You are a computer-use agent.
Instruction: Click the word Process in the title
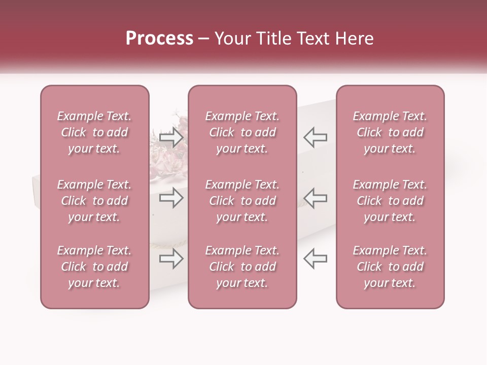coord(159,39)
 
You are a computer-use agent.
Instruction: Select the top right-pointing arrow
coord(171,137)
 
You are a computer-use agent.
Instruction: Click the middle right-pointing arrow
coord(171,198)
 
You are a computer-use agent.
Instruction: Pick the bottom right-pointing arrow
coord(171,259)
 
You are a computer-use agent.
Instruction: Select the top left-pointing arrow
coord(316,137)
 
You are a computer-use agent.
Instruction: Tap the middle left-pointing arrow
coord(316,198)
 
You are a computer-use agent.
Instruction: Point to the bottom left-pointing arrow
coord(316,259)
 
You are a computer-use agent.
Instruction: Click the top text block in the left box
coord(94,132)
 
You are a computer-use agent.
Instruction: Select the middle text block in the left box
coord(94,201)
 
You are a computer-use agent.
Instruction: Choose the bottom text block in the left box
coord(94,267)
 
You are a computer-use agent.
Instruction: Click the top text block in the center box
coord(242,132)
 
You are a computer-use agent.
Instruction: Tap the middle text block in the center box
coord(242,201)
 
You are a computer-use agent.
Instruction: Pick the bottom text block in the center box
coord(242,267)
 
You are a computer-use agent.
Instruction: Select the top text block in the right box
coord(390,132)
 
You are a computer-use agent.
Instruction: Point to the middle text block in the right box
coord(390,201)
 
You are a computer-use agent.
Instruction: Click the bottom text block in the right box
coord(390,267)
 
